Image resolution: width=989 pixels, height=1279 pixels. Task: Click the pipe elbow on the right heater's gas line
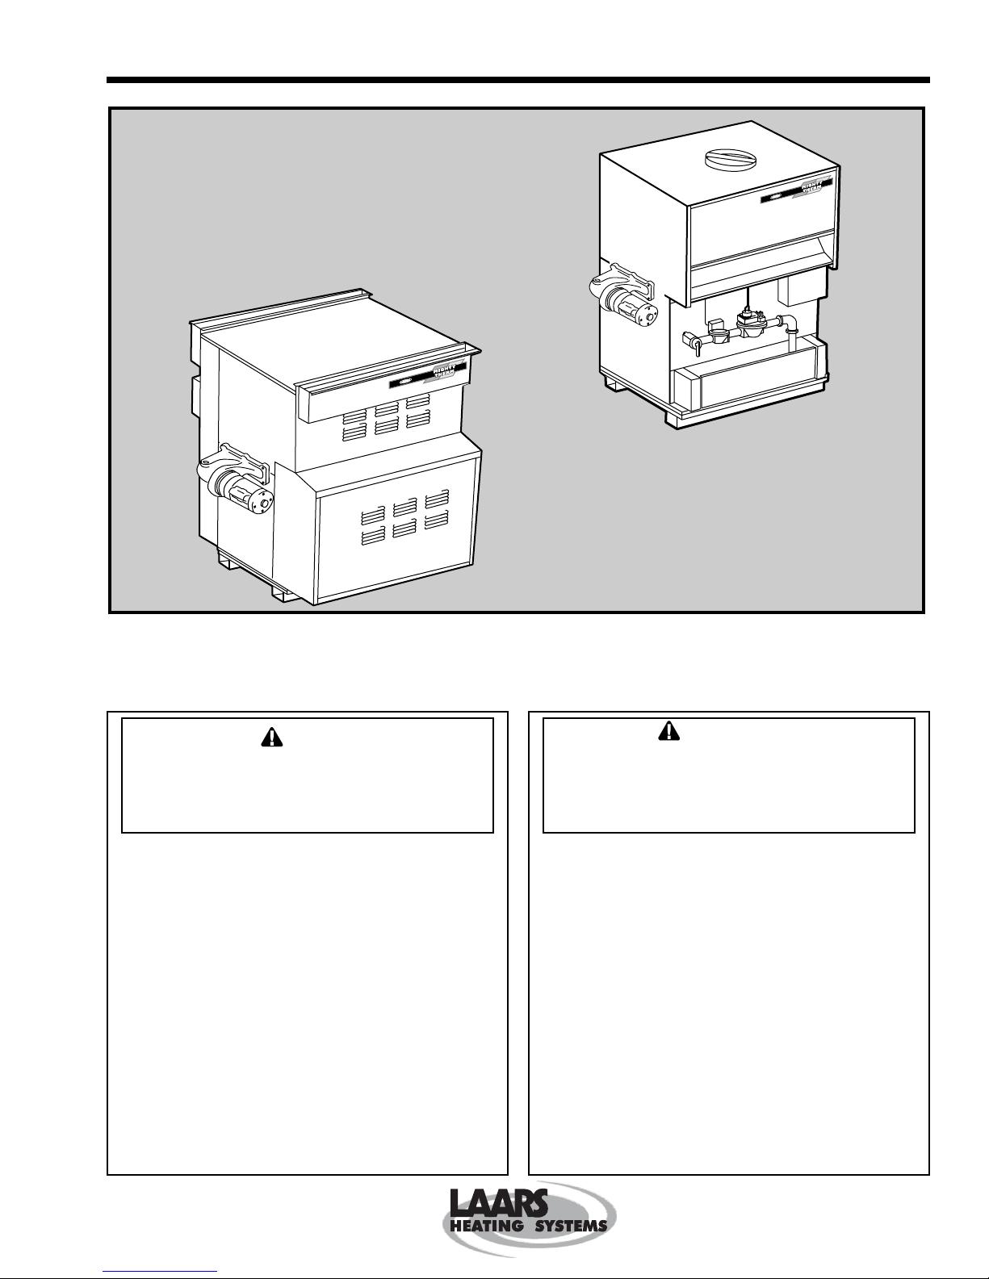pyautogui.click(x=792, y=324)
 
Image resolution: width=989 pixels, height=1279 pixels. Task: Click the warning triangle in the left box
pyautogui.click(x=270, y=738)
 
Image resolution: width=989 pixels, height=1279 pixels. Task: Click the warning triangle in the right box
pyautogui.click(x=669, y=731)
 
